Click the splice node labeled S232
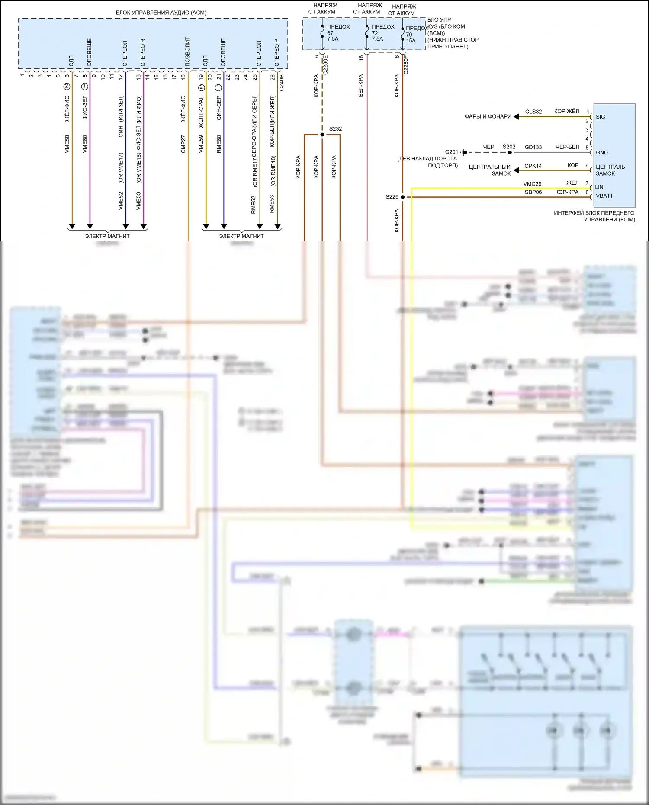pyautogui.click(x=322, y=135)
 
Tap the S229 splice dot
pyautogui.click(x=402, y=197)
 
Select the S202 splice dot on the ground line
pyautogui.click(x=510, y=152)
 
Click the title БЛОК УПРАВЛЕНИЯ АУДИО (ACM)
pyautogui.click(x=161, y=13)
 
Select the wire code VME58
pyautogui.click(x=67, y=144)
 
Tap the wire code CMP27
pyautogui.click(x=183, y=144)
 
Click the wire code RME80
pyautogui.click(x=219, y=144)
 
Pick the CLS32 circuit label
pyautogui.click(x=533, y=112)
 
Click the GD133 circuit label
pyautogui.click(x=533, y=147)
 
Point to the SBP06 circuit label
pyautogui.click(x=533, y=192)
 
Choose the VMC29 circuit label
pyautogui.click(x=532, y=184)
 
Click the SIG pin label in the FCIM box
pyautogui.click(x=601, y=117)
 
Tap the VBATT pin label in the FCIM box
pyautogui.click(x=604, y=196)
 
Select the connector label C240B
pyautogui.click(x=282, y=82)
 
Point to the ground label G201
pyautogui.click(x=451, y=152)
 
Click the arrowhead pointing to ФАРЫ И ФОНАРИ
pyautogui.click(x=516, y=117)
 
